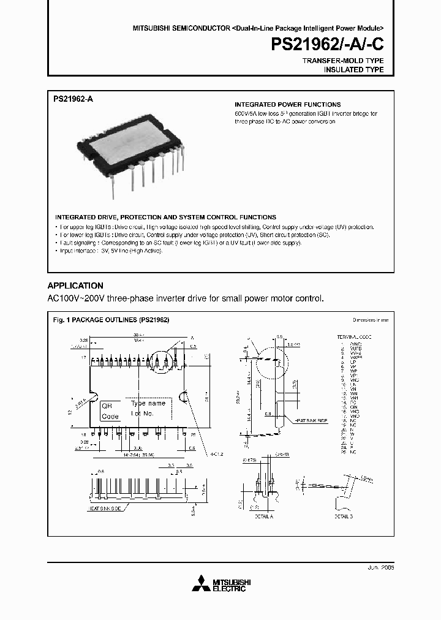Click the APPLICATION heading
(x=75, y=285)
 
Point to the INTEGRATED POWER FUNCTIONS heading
(x=288, y=105)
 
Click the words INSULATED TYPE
(x=353, y=70)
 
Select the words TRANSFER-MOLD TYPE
(x=343, y=61)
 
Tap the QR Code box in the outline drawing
(x=110, y=410)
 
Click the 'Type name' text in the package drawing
(x=148, y=404)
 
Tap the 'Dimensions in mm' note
(x=371, y=320)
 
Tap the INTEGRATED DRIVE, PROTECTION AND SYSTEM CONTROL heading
(x=165, y=217)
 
